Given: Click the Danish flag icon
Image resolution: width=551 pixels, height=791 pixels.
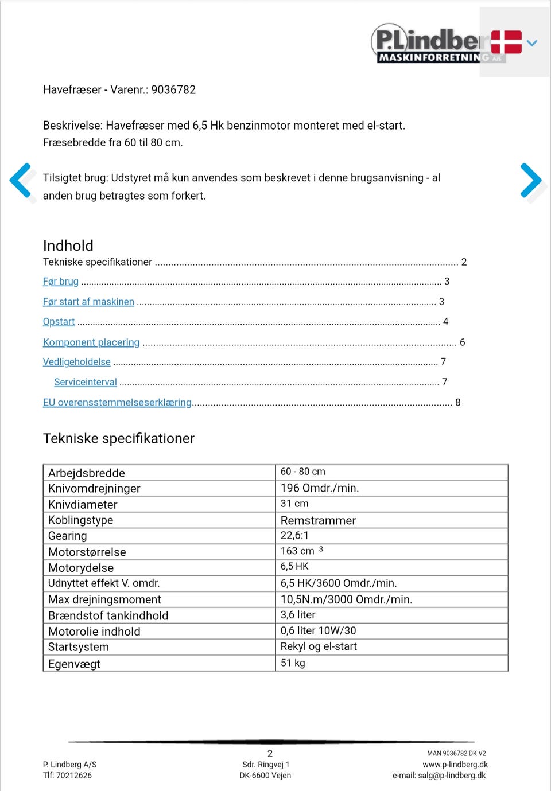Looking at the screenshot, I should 506,42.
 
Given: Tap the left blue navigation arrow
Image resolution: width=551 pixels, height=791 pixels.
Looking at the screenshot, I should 21,182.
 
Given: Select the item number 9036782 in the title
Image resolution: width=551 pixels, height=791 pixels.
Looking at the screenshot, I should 173,90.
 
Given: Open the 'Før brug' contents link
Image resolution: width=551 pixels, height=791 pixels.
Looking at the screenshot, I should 61,282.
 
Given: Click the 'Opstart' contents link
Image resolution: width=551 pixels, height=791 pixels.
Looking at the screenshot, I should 59,322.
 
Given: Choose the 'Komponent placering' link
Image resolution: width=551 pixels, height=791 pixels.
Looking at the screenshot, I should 91,342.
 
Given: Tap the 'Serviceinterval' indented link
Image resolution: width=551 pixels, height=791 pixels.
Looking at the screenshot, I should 86,382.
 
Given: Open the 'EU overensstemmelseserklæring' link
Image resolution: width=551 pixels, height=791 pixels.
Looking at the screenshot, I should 117,403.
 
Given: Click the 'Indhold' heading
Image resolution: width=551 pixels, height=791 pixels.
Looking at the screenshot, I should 68,246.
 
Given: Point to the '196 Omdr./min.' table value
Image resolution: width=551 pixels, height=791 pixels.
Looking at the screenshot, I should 320,488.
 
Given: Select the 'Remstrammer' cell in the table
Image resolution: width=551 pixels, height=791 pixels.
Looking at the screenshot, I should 318,520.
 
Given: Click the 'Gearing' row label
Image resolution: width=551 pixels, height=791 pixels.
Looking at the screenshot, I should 68,536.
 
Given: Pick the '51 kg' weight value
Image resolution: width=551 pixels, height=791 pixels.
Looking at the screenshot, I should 293,663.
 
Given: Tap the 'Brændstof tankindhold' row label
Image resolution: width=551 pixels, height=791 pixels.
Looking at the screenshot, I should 108,615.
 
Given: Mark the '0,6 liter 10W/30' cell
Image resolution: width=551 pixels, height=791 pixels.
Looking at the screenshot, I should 318,630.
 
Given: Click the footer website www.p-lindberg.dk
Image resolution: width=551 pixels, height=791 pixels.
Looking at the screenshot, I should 455,765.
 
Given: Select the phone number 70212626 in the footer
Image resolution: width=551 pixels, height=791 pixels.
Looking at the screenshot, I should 74,776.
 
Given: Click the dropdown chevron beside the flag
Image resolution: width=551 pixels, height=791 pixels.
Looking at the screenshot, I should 532,42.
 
